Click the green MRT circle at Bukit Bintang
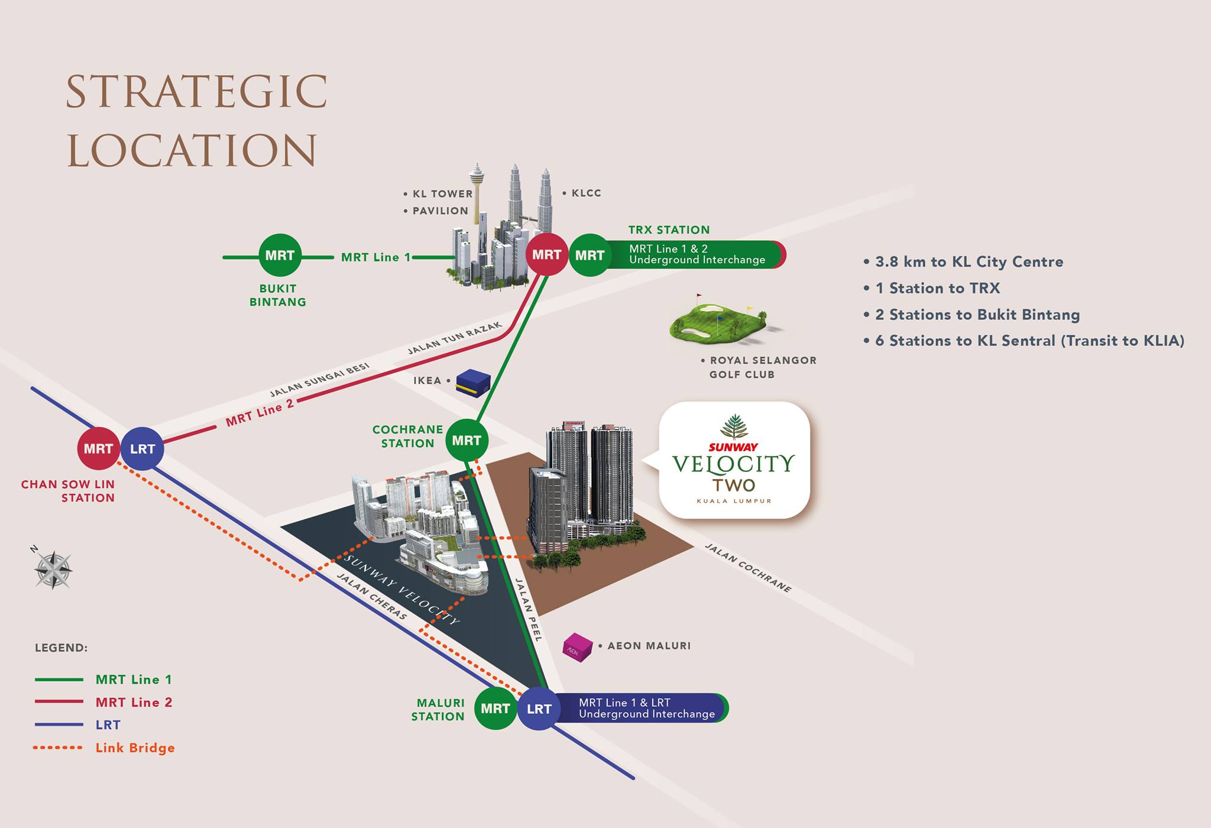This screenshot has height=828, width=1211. [280, 255]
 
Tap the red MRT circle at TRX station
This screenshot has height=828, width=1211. [547, 254]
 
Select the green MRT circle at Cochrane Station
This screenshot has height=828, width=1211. [467, 440]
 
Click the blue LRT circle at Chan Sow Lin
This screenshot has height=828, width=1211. [142, 449]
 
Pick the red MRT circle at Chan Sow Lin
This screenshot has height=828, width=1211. [98, 449]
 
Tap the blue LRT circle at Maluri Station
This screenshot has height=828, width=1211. [539, 709]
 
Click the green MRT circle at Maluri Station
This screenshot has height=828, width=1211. [496, 709]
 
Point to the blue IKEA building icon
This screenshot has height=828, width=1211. [473, 383]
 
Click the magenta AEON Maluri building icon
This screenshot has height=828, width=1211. [577, 647]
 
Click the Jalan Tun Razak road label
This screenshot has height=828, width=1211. [455, 338]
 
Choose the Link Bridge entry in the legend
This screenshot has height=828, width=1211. [105, 748]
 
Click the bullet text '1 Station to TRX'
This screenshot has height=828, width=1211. [932, 288]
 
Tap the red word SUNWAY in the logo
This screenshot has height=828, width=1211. [733, 447]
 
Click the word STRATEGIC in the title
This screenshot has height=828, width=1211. [196, 92]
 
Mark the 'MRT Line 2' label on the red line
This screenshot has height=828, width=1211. [260, 412]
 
